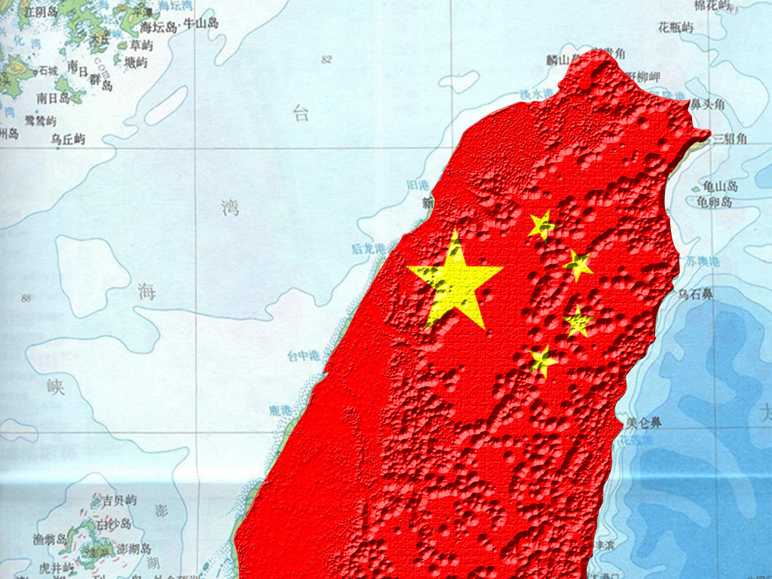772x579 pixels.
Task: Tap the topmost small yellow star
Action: click(x=541, y=225)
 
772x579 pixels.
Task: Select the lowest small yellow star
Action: click(x=542, y=360)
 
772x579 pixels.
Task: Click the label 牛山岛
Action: click(x=201, y=24)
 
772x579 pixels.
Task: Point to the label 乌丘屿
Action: click(x=68, y=139)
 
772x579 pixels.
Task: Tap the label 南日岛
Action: click(x=53, y=98)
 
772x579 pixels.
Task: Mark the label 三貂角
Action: click(x=729, y=138)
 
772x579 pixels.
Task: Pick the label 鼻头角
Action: click(x=708, y=104)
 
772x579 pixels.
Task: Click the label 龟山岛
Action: click(x=720, y=186)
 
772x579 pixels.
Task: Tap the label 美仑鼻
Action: click(x=643, y=422)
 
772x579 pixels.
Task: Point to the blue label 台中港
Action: click(x=303, y=356)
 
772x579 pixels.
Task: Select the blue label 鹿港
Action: click(x=280, y=410)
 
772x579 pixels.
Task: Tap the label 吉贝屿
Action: click(x=119, y=501)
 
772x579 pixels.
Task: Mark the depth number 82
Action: click(x=326, y=60)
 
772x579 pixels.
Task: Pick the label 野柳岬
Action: click(x=645, y=77)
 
